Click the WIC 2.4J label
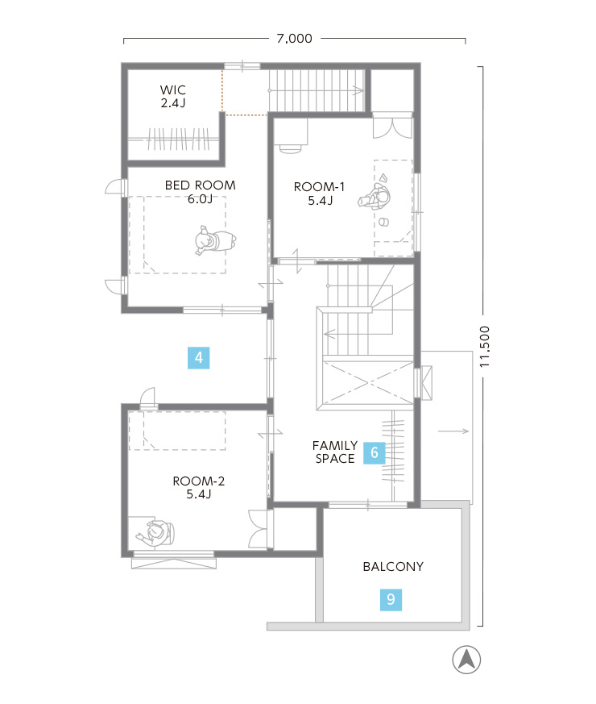click(x=173, y=96)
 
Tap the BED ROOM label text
click(x=200, y=185)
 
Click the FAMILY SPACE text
click(x=335, y=452)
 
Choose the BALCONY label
click(x=393, y=567)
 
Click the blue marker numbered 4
click(x=199, y=358)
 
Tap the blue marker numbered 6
click(x=374, y=452)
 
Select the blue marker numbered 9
click(x=391, y=600)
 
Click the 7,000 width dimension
click(x=294, y=39)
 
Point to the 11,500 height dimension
click(x=484, y=347)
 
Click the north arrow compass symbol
click(x=466, y=660)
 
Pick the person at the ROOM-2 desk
click(x=155, y=533)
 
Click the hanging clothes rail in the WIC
click(x=179, y=140)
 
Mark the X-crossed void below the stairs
click(x=368, y=382)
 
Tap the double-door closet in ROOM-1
click(x=392, y=126)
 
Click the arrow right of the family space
click(x=453, y=431)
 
